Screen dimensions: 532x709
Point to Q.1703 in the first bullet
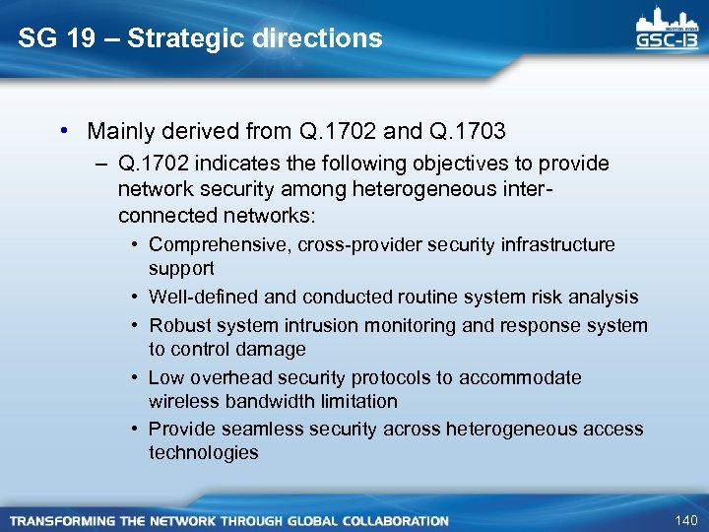coord(468,130)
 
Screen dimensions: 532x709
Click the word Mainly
coord(120,130)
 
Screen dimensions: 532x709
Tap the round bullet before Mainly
coord(63,130)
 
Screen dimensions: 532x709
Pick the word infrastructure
coord(561,244)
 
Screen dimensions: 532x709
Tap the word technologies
coord(203,452)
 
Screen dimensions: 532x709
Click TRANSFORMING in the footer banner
coord(62,520)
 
